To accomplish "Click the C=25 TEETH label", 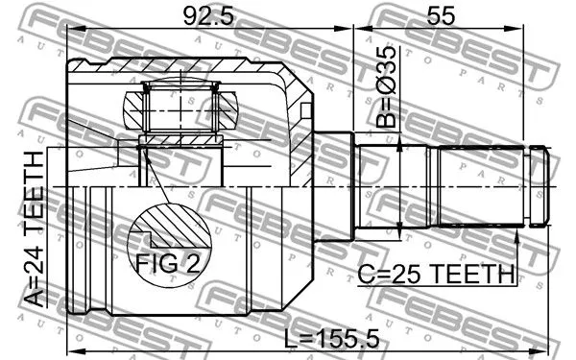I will pos(437,275).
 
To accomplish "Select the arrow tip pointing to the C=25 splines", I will pos(518,230).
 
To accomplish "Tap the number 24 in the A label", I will pos(34,266).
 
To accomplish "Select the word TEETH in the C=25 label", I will pos(470,275).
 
